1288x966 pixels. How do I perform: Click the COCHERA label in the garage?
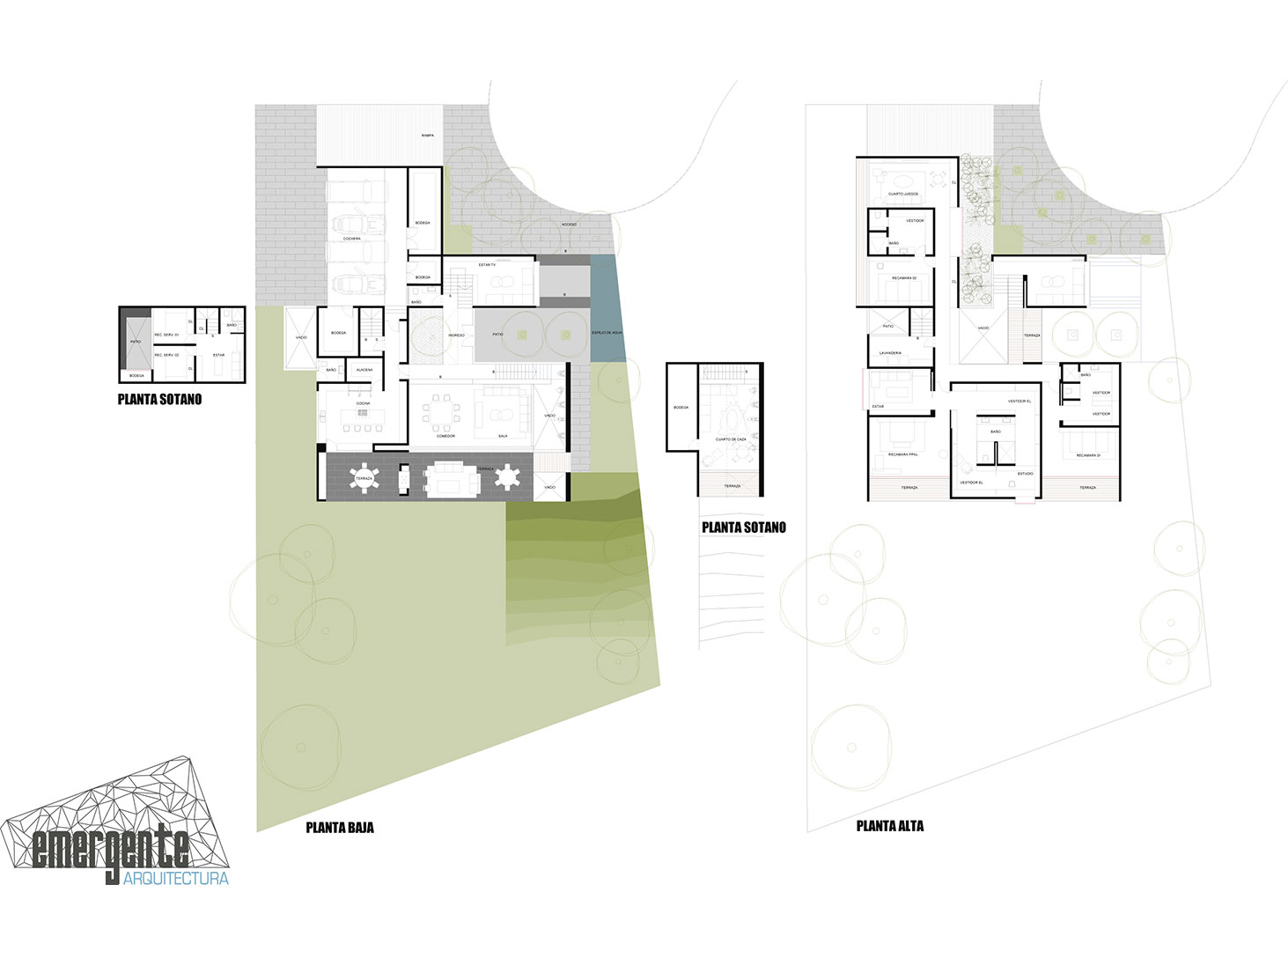[x=352, y=239]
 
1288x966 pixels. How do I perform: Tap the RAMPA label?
[x=427, y=136]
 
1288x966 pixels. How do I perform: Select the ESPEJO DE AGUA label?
[x=607, y=333]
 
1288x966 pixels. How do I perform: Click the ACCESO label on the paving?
[x=570, y=225]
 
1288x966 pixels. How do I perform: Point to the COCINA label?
[x=363, y=403]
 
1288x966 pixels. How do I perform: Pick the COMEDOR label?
[x=445, y=436]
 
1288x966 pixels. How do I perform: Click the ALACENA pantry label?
[x=364, y=370]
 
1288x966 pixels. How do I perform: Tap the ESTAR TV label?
[x=487, y=264]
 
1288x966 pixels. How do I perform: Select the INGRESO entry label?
[x=456, y=336]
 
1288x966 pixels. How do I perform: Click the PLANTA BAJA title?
[x=340, y=828]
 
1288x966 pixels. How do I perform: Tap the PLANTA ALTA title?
[x=890, y=826]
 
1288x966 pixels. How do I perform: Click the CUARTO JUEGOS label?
[x=903, y=194]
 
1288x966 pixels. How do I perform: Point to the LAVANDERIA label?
[x=890, y=353]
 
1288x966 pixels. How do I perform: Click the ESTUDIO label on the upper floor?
[x=1026, y=474]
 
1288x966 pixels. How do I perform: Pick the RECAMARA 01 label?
[x=1088, y=455]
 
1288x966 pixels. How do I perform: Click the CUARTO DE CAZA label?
[x=731, y=439]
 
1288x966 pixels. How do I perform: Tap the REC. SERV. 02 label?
[x=166, y=355]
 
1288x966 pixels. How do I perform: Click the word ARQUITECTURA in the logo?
[x=176, y=879]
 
